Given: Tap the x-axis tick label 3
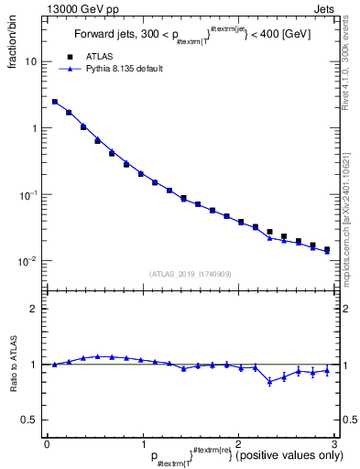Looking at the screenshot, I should [334, 443].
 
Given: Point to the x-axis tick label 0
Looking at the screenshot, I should [46, 443].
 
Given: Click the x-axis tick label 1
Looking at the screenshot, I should [142, 443].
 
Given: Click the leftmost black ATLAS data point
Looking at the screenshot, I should [55, 103].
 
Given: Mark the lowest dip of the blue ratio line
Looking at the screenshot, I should [269, 382].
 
